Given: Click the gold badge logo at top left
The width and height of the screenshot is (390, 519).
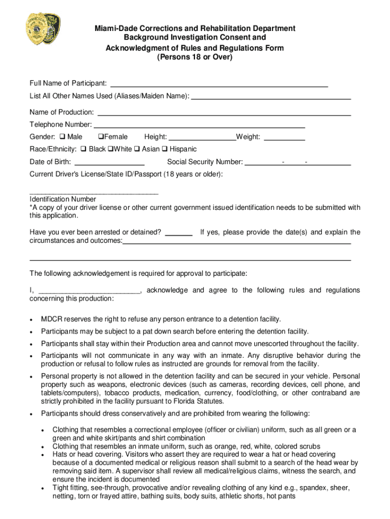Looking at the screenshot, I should [43, 28].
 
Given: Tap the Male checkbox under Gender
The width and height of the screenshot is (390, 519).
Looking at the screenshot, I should [62, 137].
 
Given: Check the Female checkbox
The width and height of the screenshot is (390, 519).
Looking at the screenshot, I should [101, 137].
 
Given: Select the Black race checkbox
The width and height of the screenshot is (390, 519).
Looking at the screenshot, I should [84, 149].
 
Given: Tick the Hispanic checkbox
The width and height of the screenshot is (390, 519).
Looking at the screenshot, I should [165, 149].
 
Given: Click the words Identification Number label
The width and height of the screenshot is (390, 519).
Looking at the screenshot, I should [62, 199].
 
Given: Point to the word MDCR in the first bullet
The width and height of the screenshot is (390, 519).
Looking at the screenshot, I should [51, 319].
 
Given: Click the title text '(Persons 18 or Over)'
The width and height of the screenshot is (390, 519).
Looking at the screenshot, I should [194, 57].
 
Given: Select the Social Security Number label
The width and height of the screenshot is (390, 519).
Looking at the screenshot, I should [205, 162].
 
